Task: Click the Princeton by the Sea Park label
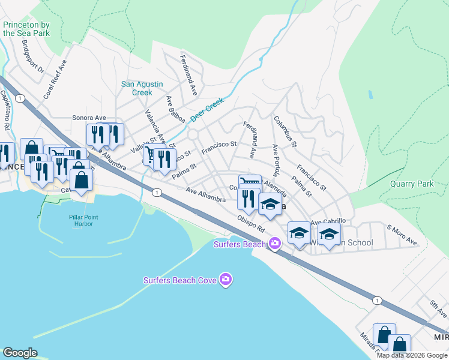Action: pos(26,29)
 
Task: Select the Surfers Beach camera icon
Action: pos(275,243)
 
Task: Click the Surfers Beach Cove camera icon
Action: pos(226,279)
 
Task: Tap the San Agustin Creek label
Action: pos(137,88)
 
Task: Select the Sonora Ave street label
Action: pos(89,118)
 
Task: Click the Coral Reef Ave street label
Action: pos(55,79)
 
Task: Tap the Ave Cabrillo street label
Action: pos(328,221)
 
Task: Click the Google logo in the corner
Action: pos(20,353)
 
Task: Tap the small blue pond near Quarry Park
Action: pos(370,95)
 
